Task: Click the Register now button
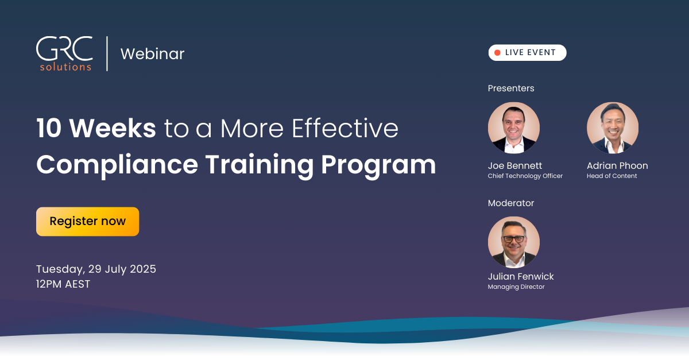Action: tap(88, 222)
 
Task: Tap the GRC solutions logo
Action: tap(64, 54)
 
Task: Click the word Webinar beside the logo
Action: tap(153, 54)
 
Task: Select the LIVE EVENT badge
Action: tap(527, 53)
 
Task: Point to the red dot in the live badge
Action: tap(497, 53)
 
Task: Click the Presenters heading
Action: tap(511, 88)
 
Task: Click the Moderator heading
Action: tap(511, 203)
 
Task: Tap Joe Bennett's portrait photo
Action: tap(514, 127)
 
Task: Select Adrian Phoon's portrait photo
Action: tap(613, 127)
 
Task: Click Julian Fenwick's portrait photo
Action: tap(514, 242)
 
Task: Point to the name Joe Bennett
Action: tap(515, 165)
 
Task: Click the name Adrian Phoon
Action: tap(617, 165)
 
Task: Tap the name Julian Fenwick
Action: tap(521, 276)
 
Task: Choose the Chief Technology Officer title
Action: tap(525, 176)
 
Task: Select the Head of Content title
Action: tap(612, 176)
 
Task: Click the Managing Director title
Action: tap(516, 287)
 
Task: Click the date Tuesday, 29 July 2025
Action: tap(96, 269)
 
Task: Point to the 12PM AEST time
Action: tap(63, 284)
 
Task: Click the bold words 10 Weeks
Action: tap(96, 128)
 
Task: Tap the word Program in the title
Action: tap(378, 165)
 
